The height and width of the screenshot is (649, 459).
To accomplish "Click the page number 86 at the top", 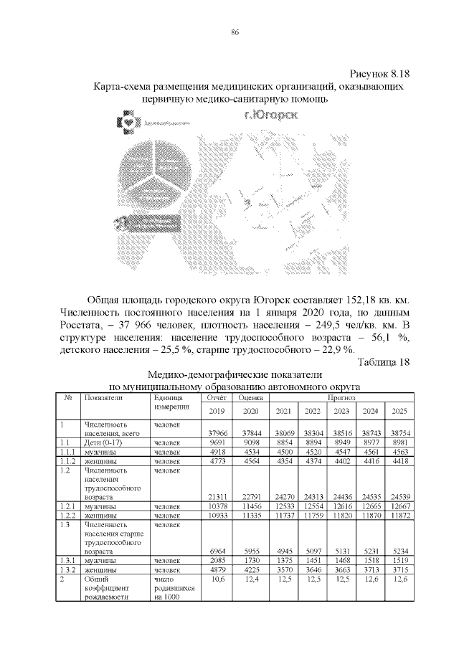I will pyautogui.click(x=235, y=32).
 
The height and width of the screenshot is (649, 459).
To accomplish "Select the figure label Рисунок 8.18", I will pyautogui.click(x=379, y=75).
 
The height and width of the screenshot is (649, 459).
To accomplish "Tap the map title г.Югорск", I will pyautogui.click(x=271, y=114).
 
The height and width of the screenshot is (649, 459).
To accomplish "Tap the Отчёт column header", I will pyautogui.click(x=217, y=397).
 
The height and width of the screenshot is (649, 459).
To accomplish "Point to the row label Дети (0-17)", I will pyautogui.click(x=100, y=442).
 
